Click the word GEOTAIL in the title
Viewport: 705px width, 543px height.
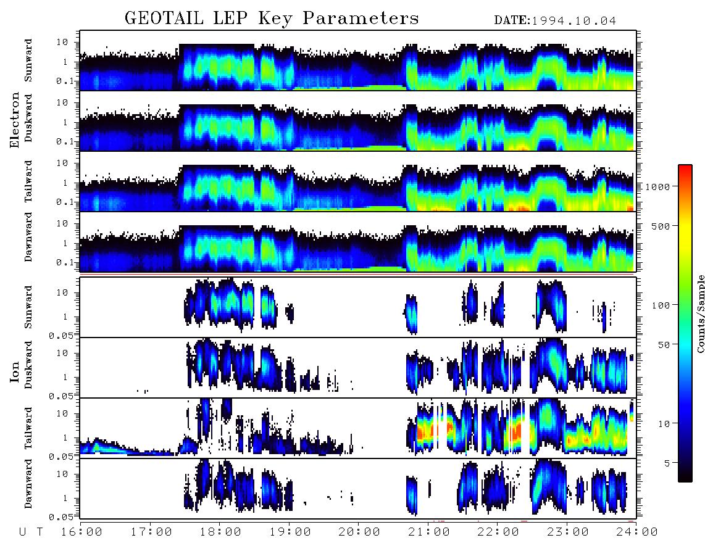164,18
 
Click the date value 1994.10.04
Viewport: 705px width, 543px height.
574,21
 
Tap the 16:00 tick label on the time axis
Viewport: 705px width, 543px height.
81,533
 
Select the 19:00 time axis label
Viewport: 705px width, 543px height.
290,533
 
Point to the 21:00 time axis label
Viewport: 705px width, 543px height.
429,533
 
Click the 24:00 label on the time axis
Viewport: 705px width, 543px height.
637,533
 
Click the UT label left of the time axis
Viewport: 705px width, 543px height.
31,533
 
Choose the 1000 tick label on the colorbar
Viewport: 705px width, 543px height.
657,187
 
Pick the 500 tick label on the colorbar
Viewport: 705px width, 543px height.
661,226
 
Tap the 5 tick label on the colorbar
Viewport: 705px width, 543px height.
667,463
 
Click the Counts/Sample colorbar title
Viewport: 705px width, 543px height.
700,314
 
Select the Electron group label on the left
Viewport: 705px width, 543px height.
15,120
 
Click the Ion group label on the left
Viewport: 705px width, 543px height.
15,371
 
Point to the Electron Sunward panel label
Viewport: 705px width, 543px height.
28,60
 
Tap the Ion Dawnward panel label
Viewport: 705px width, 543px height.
28,483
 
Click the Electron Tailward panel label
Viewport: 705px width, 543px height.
28,181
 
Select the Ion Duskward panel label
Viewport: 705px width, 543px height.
28,365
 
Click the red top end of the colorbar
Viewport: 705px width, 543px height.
685,167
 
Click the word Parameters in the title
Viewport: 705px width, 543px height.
361,18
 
